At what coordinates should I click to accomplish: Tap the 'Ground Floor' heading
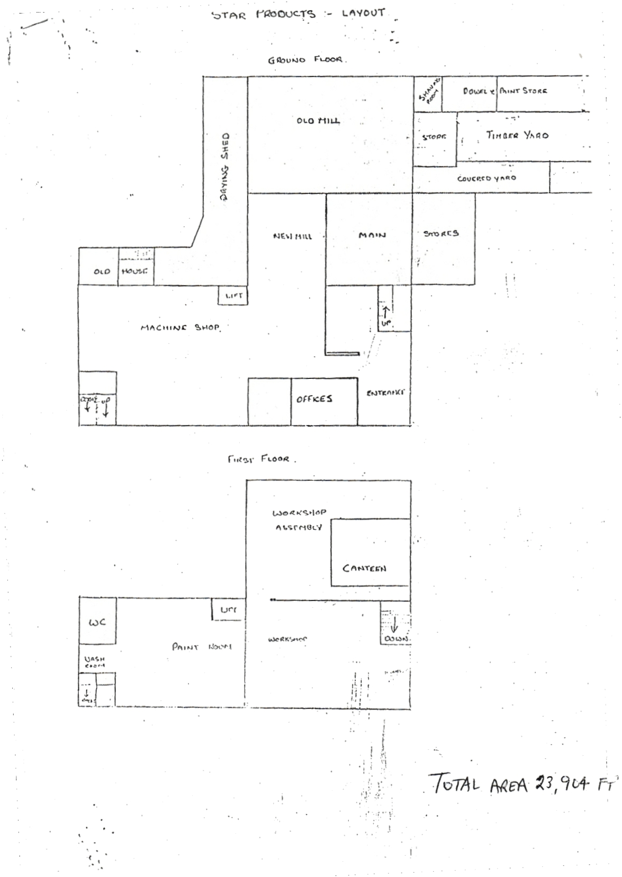pyautogui.click(x=306, y=60)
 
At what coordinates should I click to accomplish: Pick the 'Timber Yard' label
pyautogui.click(x=517, y=135)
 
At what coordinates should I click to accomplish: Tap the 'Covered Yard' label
pyautogui.click(x=486, y=179)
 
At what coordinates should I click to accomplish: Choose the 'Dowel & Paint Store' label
pyautogui.click(x=504, y=91)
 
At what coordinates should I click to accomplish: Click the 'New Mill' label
pyautogui.click(x=292, y=236)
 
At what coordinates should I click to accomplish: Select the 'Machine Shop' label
pyautogui.click(x=180, y=328)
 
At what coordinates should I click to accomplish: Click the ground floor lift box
pyautogui.click(x=233, y=296)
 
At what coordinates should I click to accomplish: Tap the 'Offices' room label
pyautogui.click(x=314, y=399)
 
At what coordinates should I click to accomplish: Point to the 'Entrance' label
pyautogui.click(x=385, y=393)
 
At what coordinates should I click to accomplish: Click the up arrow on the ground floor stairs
pyautogui.click(x=386, y=312)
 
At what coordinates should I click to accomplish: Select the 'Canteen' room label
pyautogui.click(x=364, y=569)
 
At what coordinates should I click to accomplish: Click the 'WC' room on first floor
pyautogui.click(x=97, y=621)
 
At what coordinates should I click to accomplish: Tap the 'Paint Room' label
pyautogui.click(x=201, y=647)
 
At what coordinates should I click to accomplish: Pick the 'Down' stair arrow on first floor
pyautogui.click(x=394, y=626)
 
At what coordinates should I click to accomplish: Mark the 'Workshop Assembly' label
pyautogui.click(x=299, y=520)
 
